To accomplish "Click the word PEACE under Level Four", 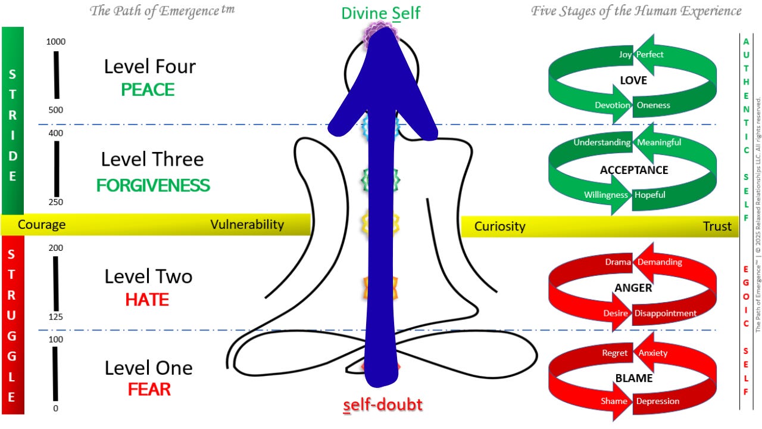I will coord(148,90).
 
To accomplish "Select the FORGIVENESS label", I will coord(153,185).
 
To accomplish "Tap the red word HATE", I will coord(147,300).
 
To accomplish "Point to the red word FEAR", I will coord(149,390).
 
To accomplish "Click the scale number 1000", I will coord(55,42).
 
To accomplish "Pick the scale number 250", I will coord(55,203).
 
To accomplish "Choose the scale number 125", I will coord(55,317).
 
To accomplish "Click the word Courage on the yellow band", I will coord(42,225).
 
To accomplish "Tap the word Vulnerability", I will coord(247,225).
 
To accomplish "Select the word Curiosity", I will coord(499,226).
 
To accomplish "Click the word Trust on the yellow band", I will coord(717,226).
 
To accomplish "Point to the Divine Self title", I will coord(381,13).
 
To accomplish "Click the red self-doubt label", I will coord(383,405).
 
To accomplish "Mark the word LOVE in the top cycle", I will coord(633,80).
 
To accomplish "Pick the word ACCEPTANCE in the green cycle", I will coord(634,170).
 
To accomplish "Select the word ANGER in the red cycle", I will coord(633,288).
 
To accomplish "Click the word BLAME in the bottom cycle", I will coord(633,378).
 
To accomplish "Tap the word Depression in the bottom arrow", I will coord(657,401).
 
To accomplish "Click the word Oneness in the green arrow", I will coord(653,105).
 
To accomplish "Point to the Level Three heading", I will coord(152,160).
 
